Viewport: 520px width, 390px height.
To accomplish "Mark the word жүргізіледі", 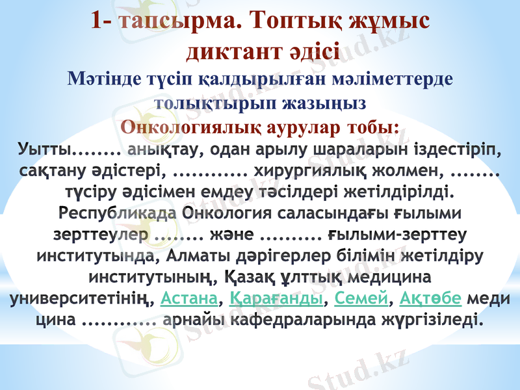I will point(420,320).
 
